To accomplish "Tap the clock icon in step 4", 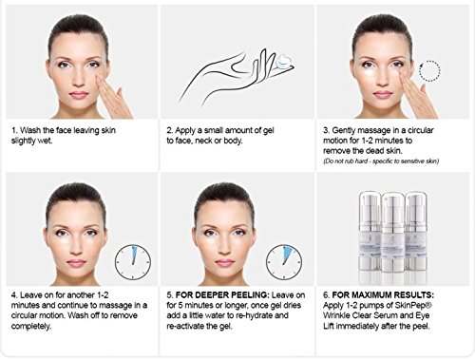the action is (x=133, y=262).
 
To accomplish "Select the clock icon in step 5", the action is (x=284, y=262).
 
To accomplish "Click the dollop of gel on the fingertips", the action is (x=284, y=61).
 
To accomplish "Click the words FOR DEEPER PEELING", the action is (x=222, y=295).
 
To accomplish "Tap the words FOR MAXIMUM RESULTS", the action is (x=383, y=295).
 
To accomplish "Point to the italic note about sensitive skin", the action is (x=381, y=161).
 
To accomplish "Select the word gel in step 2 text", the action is (x=268, y=131).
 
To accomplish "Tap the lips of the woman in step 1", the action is (x=78, y=95).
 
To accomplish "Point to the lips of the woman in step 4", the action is (x=76, y=262).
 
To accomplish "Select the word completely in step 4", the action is (x=31, y=326).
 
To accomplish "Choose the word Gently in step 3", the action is (x=344, y=131).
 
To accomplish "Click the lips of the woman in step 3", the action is (x=383, y=94).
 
